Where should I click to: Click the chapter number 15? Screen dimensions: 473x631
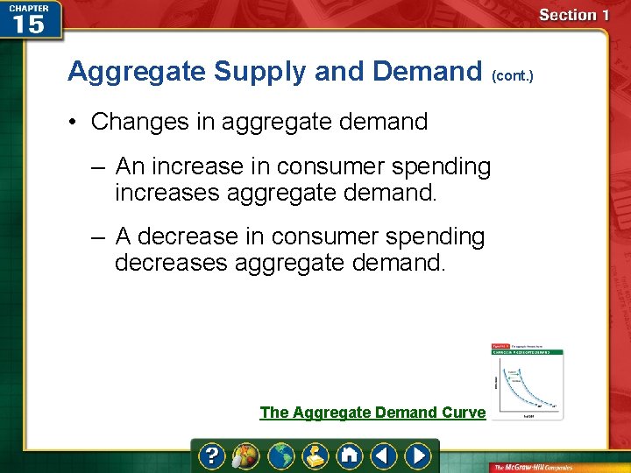28,25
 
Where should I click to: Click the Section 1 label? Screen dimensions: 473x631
574,15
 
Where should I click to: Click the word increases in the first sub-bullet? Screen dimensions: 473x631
167,193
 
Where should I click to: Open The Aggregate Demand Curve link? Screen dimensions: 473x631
372,413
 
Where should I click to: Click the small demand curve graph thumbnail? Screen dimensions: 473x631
527,381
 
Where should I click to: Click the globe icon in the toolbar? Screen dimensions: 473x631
280,455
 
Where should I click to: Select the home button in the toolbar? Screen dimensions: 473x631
350,455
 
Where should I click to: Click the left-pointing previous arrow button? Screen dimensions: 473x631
384,455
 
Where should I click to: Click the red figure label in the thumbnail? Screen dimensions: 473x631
500,347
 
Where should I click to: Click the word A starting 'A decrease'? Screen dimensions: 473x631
124,236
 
